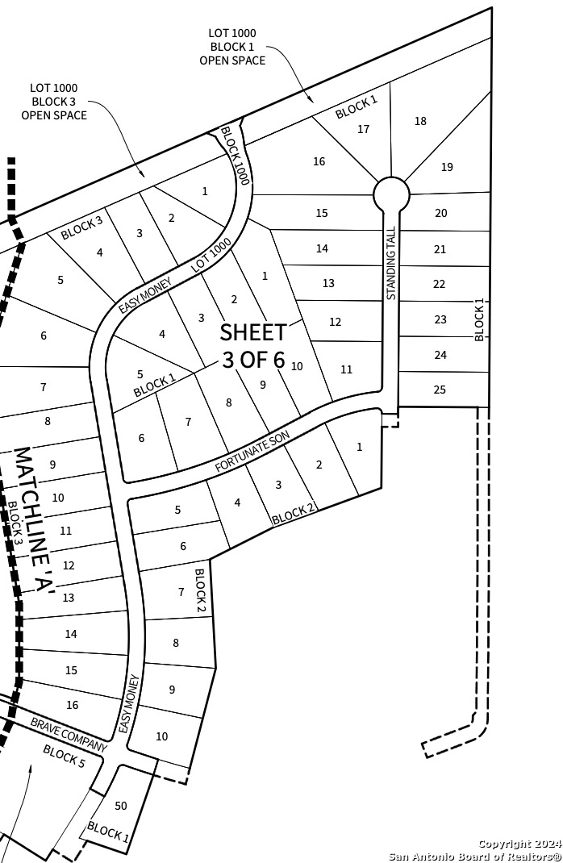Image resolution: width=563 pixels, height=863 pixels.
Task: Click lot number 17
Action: click(x=363, y=129)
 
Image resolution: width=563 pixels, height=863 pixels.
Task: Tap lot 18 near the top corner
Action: click(x=420, y=121)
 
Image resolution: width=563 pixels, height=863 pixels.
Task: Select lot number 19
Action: click(x=447, y=167)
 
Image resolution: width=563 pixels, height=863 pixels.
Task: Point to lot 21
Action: click(x=440, y=249)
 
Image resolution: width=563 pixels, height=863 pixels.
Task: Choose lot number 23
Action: click(x=440, y=319)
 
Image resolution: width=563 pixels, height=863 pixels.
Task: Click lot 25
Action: click(x=440, y=390)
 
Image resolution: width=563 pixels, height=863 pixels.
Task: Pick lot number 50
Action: click(x=121, y=806)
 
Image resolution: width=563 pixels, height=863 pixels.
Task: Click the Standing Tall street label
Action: click(x=391, y=263)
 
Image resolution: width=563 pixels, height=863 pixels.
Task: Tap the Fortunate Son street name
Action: click(x=252, y=452)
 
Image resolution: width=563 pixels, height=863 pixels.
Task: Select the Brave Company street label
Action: click(x=69, y=734)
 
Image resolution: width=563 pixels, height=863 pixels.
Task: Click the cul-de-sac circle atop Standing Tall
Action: click(x=391, y=194)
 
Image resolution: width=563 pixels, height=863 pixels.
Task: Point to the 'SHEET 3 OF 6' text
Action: click(x=253, y=345)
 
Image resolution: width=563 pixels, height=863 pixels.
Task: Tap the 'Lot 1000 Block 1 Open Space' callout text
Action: click(x=232, y=47)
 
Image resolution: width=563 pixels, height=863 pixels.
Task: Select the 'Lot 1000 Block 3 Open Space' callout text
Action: click(x=54, y=102)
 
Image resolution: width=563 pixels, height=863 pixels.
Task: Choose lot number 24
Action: click(x=440, y=355)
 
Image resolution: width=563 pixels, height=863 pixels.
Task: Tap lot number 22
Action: click(x=439, y=284)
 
